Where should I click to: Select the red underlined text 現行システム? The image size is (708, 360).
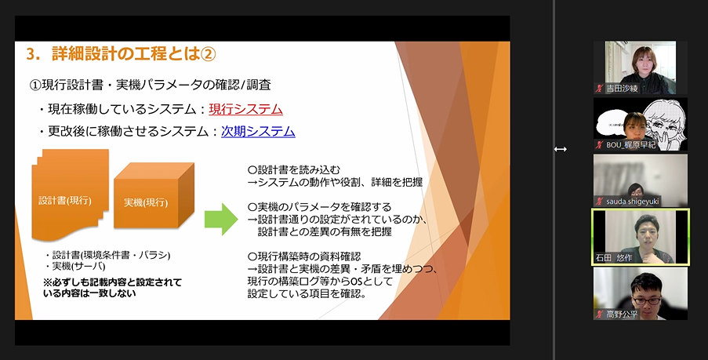(245, 109)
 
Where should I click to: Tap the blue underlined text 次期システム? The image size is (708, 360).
(258, 132)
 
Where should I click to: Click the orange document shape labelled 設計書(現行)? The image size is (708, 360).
(70, 195)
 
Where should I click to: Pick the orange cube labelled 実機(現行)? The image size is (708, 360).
(154, 195)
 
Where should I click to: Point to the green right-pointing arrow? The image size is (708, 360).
(221, 219)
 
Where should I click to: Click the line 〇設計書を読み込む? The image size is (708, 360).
(293, 170)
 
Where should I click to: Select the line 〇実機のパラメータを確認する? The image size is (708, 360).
(319, 207)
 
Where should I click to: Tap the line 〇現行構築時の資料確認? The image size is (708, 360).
(304, 256)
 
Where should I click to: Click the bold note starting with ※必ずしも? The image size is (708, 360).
(112, 288)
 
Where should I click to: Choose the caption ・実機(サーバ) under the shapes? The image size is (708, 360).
(75, 266)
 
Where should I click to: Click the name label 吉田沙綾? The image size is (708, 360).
(622, 89)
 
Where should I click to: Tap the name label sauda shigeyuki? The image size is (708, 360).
(632, 202)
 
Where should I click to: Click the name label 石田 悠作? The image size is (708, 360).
(614, 258)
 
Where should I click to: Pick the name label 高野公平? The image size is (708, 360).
(621, 315)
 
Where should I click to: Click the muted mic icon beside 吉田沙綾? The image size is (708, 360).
(600, 89)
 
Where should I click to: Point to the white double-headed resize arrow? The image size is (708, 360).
(561, 149)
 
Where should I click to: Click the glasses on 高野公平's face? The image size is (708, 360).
(646, 300)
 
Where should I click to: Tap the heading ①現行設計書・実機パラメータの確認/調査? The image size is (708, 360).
(150, 85)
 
